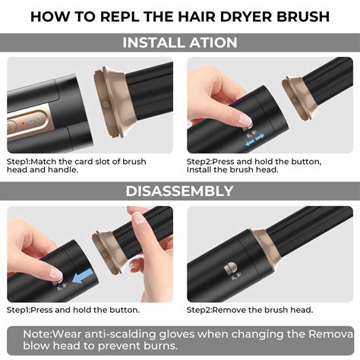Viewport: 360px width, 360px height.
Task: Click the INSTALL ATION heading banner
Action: pos(180,42)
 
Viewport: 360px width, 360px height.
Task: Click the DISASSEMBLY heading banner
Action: pos(180,191)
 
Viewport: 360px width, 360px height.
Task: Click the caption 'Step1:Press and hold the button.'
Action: pos(73,309)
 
